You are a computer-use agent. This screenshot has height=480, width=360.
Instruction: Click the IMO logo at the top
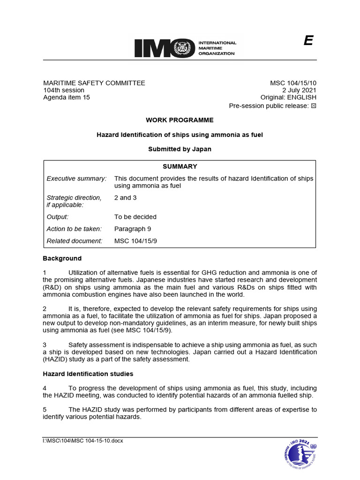click(x=185, y=48)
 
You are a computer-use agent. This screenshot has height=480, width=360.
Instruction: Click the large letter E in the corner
click(x=308, y=41)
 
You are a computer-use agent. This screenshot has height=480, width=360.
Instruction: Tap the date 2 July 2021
click(x=299, y=90)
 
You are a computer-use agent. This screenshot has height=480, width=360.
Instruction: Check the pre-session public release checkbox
click(x=314, y=106)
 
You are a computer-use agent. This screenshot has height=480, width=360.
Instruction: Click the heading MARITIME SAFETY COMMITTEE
click(x=94, y=83)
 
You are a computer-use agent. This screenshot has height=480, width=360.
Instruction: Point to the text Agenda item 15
click(x=66, y=97)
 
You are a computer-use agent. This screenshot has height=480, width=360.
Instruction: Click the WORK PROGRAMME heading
click(x=180, y=120)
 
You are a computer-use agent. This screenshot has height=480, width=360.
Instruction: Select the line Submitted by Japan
click(x=180, y=149)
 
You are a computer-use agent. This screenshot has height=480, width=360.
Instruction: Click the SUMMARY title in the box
click(x=180, y=166)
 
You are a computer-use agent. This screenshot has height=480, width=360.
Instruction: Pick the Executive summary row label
click(x=76, y=179)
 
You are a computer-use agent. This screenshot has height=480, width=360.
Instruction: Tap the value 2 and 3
click(x=125, y=198)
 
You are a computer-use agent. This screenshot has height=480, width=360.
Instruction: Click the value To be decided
click(x=135, y=217)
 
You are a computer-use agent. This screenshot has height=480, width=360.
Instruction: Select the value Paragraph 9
click(x=133, y=229)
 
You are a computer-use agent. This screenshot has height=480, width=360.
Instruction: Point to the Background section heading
click(x=62, y=258)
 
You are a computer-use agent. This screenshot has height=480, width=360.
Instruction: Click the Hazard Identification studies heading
click(x=88, y=374)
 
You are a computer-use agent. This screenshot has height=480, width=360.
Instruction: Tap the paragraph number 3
click(x=45, y=345)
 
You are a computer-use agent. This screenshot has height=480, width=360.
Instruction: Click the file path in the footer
click(x=82, y=441)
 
